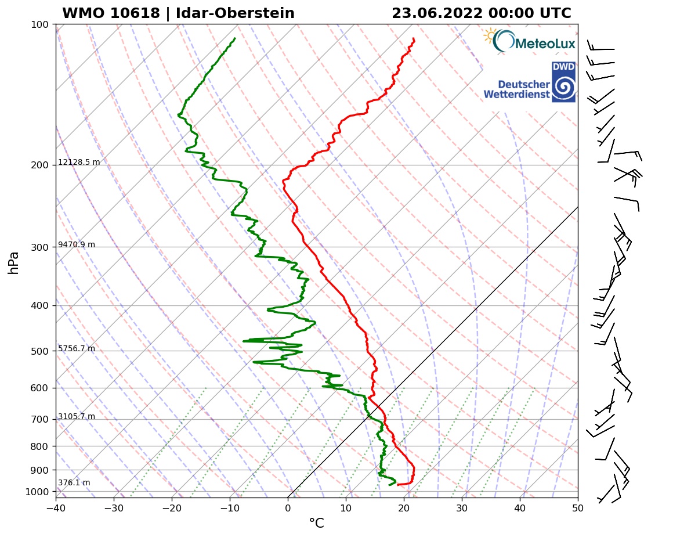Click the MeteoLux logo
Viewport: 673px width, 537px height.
tap(529, 41)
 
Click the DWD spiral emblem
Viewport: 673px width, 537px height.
tap(563, 87)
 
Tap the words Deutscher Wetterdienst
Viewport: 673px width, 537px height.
tap(516, 89)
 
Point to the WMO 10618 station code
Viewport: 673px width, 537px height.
tap(110, 13)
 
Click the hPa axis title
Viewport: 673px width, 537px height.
tap(14, 262)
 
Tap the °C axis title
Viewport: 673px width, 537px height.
tap(316, 524)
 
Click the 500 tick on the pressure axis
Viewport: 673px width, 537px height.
tap(39, 351)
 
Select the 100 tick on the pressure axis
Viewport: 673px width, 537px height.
tap(39, 24)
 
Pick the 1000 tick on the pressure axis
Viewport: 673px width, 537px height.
tap(36, 492)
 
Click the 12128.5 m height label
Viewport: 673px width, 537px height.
tap(79, 162)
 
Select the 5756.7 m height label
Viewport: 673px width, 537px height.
tap(77, 348)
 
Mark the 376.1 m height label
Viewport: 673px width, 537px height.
tap(74, 482)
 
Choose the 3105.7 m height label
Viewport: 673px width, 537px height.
tap(77, 416)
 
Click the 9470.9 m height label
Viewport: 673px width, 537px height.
tap(77, 244)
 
